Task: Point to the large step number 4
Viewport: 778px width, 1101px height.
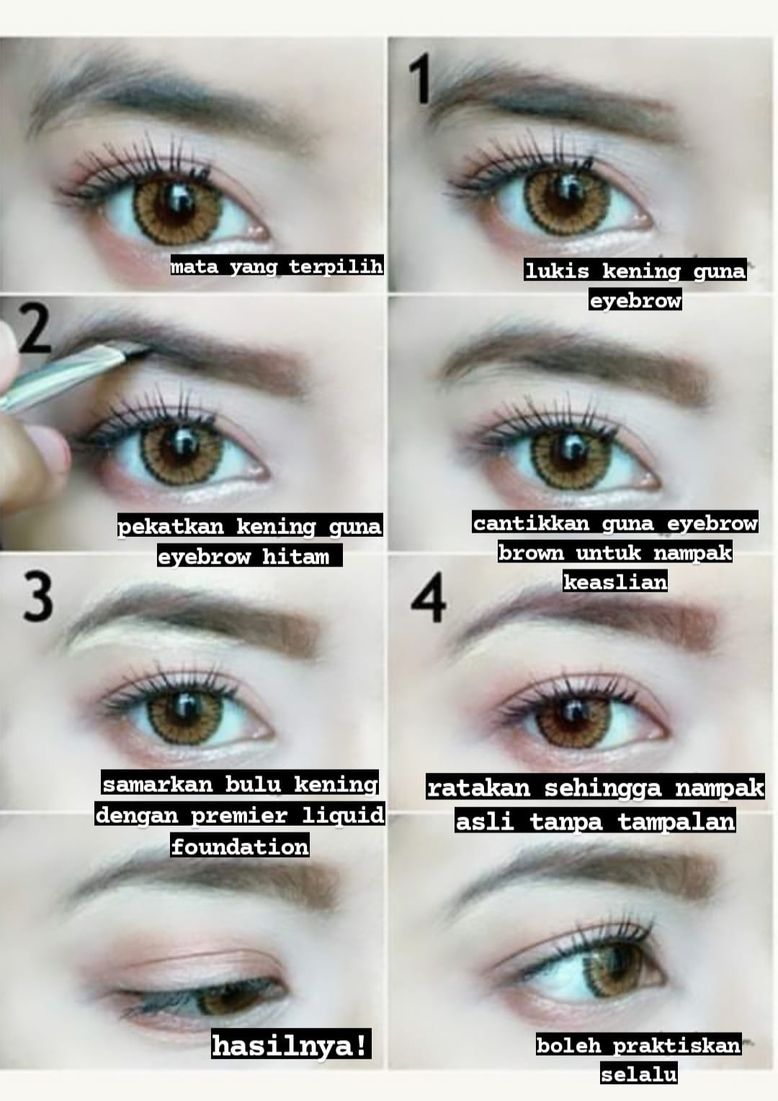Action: (x=429, y=598)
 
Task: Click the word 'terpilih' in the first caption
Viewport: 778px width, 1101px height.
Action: (x=336, y=267)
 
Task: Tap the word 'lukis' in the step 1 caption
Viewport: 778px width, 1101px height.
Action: (x=557, y=271)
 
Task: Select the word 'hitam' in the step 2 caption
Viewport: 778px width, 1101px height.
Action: (x=295, y=557)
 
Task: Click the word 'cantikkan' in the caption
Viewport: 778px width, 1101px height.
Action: (x=531, y=523)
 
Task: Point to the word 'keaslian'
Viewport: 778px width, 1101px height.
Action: (x=614, y=582)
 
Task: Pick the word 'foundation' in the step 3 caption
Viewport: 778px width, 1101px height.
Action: (x=240, y=847)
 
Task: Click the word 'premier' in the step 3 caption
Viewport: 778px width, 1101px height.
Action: (x=239, y=816)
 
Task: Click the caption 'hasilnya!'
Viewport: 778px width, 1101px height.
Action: (x=290, y=1046)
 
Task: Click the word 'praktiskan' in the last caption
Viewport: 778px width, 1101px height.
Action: (x=676, y=1045)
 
